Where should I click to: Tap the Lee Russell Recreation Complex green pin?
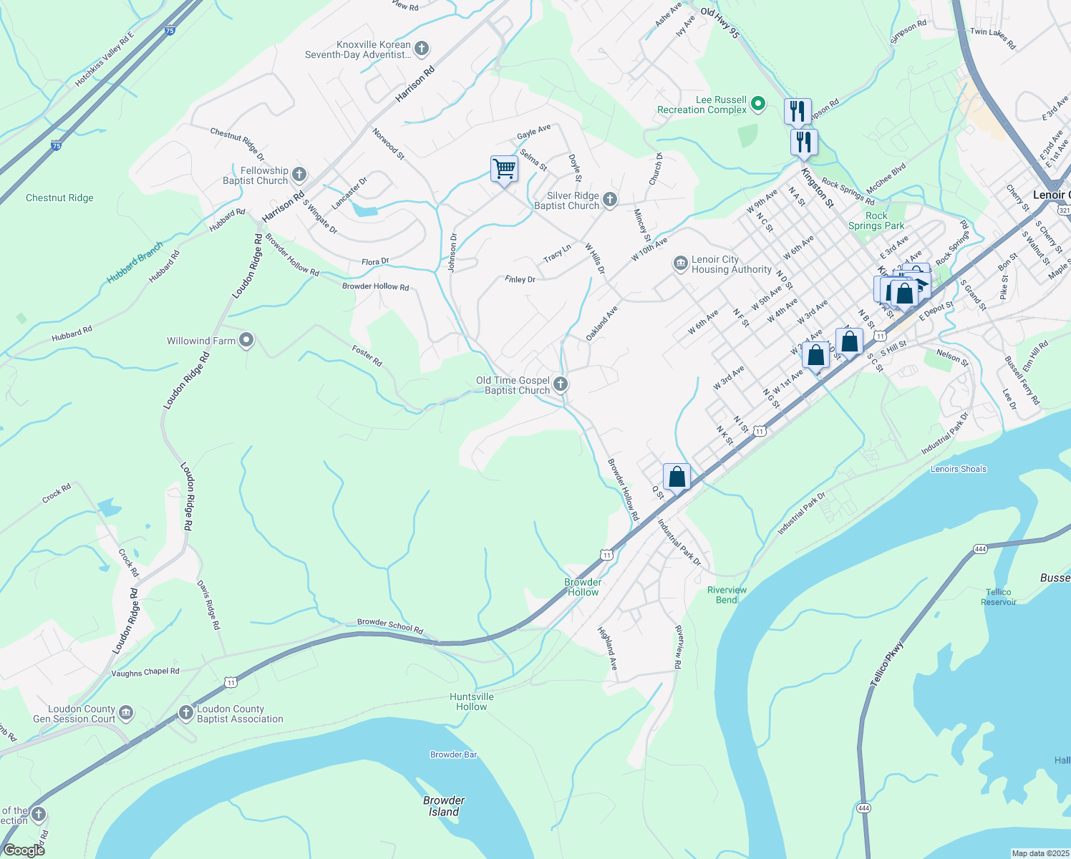[758, 105]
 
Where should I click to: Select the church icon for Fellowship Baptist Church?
[299, 175]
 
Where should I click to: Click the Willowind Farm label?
[201, 341]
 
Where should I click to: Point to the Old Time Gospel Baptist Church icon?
[561, 385]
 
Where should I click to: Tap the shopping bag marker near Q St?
[677, 477]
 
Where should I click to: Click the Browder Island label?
[444, 806]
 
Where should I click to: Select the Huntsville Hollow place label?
[472, 702]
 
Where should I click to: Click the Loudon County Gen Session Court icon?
[126, 713]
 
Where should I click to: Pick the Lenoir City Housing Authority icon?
[680, 264]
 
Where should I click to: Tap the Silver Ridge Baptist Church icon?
[609, 200]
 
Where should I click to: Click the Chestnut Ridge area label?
[59, 198]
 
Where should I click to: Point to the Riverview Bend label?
[727, 595]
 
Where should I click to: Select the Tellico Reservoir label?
[998, 597]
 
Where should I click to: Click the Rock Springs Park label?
[876, 220]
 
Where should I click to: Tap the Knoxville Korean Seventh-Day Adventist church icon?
[422, 49]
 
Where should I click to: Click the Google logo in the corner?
[24, 850]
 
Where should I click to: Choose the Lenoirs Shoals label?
[958, 469]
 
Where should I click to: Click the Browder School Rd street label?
[390, 626]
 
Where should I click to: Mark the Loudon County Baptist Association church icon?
[185, 713]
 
